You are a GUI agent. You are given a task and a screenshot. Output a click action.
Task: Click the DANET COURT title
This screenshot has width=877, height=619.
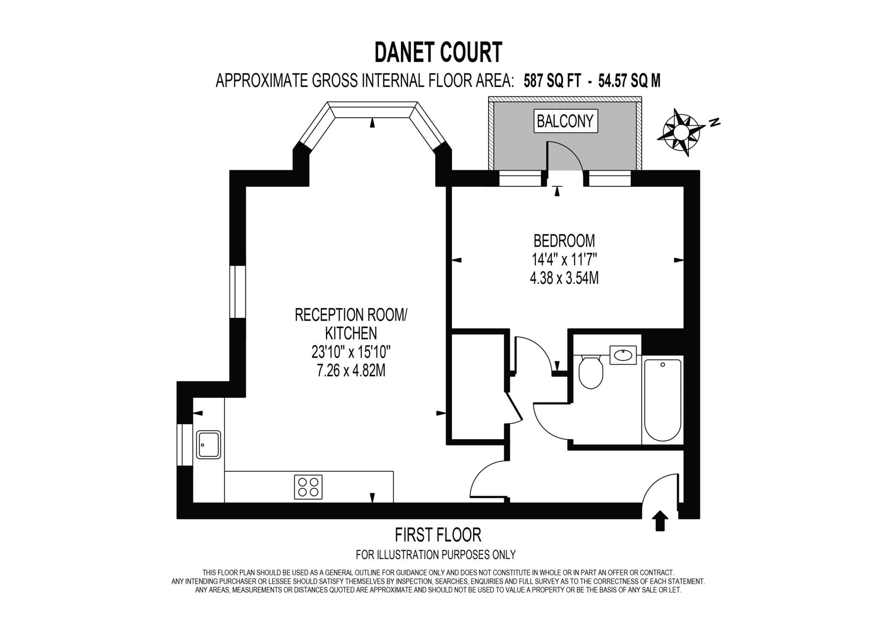click(438, 53)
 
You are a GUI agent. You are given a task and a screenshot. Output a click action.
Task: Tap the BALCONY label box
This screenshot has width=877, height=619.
click(565, 121)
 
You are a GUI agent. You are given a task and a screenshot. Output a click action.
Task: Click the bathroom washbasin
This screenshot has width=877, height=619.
click(623, 355)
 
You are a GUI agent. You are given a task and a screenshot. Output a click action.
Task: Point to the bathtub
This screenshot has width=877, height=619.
click(662, 400)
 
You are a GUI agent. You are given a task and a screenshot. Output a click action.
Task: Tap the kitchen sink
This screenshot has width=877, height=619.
click(209, 444)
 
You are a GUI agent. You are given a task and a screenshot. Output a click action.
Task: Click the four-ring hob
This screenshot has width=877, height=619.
click(308, 487)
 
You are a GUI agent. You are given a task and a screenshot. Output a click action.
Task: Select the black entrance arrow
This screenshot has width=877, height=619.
click(660, 520)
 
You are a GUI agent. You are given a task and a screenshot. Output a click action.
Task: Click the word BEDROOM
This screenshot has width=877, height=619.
click(564, 241)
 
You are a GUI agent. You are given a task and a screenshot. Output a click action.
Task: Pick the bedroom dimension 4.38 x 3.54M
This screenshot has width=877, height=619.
click(564, 278)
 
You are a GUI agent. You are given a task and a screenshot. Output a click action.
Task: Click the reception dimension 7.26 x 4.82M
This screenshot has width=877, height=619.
click(351, 370)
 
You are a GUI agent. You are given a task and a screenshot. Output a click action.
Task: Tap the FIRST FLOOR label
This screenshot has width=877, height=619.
click(438, 535)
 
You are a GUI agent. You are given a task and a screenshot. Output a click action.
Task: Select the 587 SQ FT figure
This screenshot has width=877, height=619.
click(552, 80)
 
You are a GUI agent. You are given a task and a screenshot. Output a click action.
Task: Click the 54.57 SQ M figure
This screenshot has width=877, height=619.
click(629, 80)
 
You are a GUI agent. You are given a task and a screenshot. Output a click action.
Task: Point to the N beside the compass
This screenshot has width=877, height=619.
click(714, 122)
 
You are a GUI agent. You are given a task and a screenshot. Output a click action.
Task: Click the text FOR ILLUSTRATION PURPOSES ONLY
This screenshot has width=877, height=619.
click(436, 555)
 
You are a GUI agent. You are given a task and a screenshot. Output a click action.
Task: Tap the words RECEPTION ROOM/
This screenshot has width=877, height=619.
click(351, 315)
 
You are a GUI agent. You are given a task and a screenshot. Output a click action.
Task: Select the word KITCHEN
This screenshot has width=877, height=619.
click(351, 333)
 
